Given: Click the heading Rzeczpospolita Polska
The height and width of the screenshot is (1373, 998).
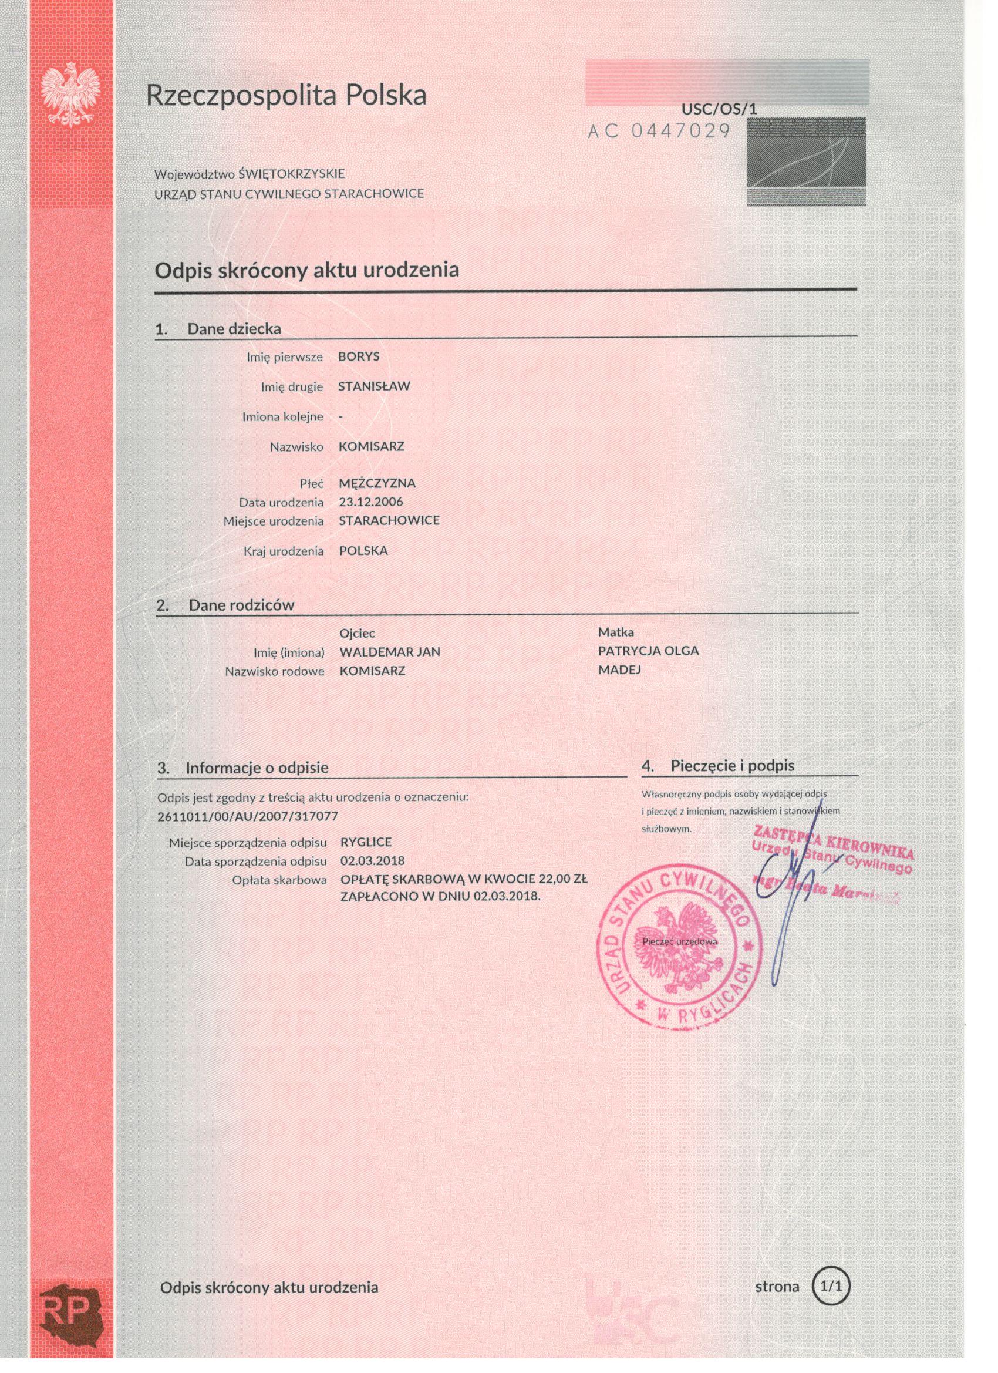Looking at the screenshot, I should coord(286,95).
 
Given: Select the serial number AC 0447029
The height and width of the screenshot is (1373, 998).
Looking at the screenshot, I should coord(659,131).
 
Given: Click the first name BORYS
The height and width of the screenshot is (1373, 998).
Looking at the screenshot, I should coord(359,356).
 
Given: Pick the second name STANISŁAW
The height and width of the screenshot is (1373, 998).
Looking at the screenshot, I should coord(374,386).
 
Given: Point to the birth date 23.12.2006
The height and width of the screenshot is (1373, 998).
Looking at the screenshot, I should coord(371,502).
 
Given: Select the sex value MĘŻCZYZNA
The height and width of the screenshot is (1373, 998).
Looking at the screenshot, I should coord(377,483).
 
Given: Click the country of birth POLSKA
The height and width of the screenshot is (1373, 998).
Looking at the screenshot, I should coord(363,551).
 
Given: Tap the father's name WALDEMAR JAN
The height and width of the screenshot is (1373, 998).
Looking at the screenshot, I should coord(390,652).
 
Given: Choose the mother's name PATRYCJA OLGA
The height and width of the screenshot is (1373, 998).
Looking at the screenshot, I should coord(648,651).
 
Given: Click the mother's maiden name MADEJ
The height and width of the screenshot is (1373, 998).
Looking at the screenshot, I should coord(619,669).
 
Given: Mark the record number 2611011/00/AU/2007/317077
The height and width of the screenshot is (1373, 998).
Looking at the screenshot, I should coord(248,816).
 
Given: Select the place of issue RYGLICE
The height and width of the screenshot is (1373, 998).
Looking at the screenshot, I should coord(366,842).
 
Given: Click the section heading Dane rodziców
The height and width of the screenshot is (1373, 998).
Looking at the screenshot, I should coord(241,605).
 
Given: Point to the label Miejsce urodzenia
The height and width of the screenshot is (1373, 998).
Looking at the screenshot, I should coord(274,521).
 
